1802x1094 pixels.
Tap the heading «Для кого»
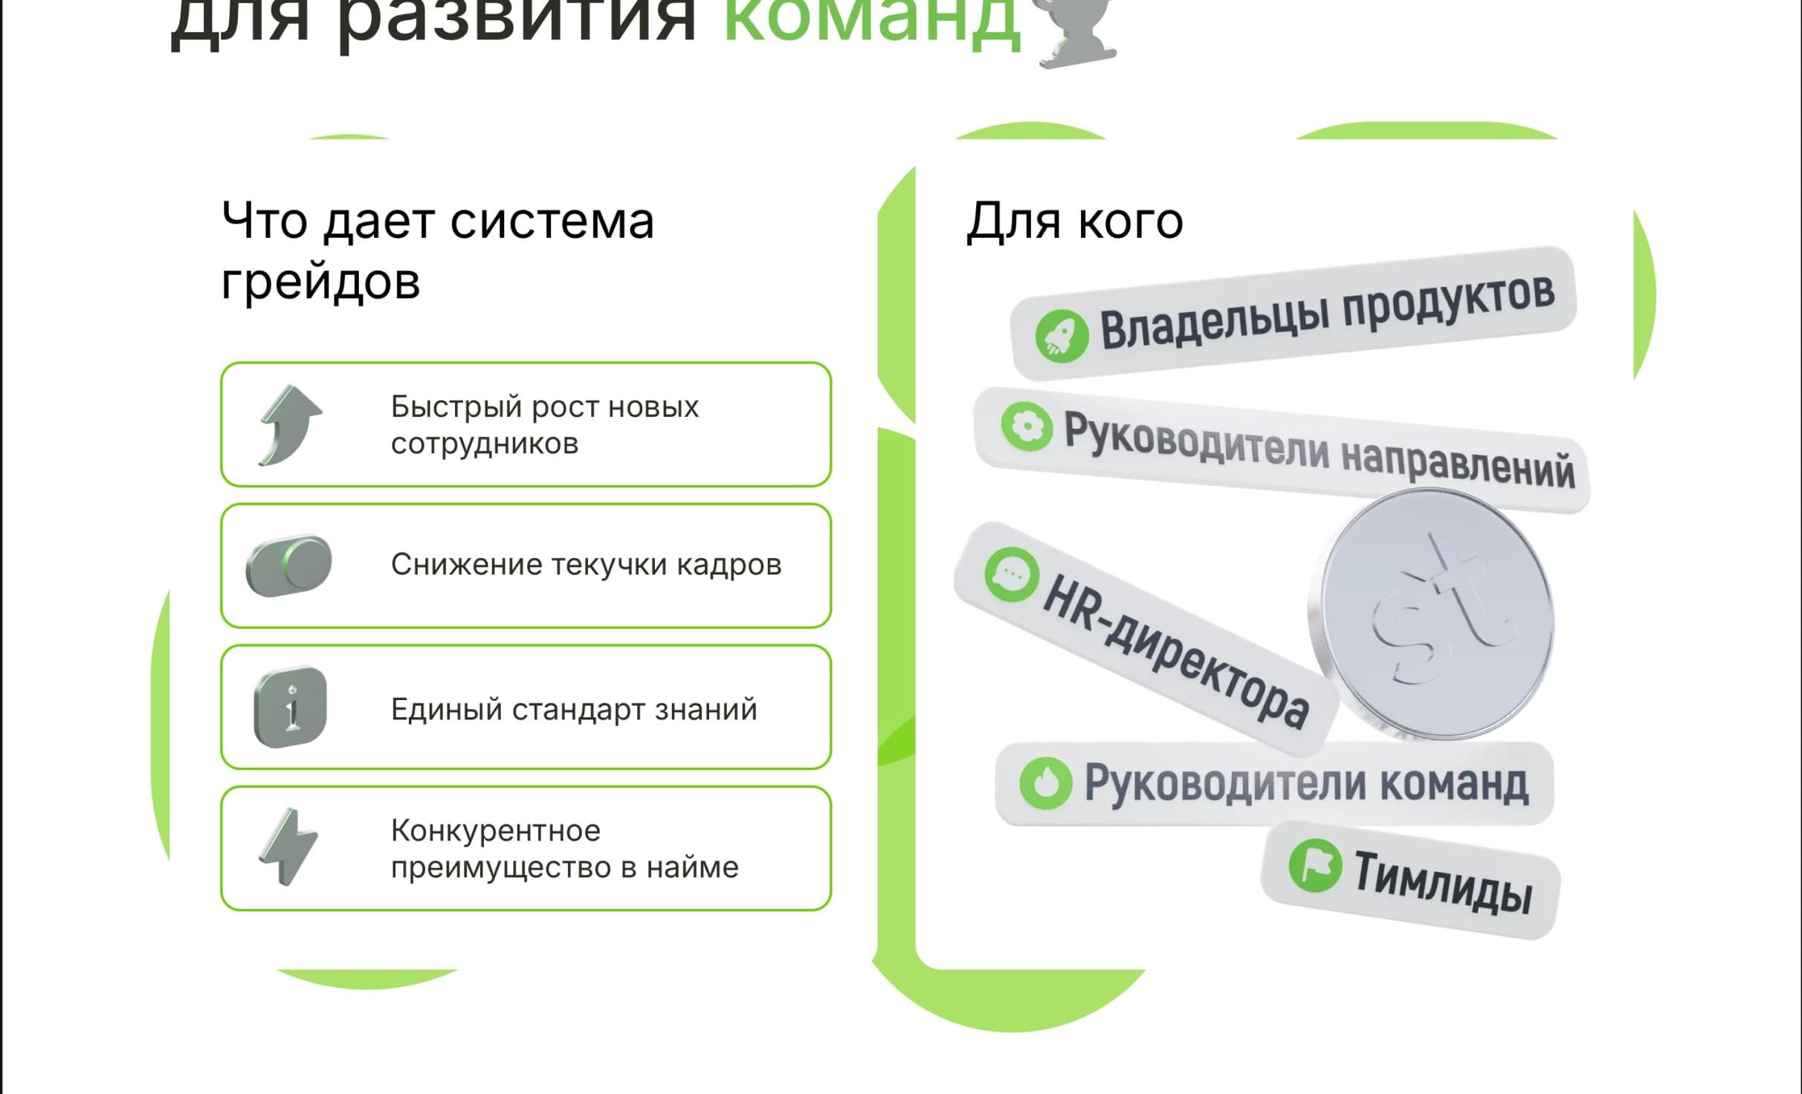click(x=1074, y=221)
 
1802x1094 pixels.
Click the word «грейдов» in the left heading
click(x=320, y=282)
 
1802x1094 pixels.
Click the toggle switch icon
click(x=289, y=565)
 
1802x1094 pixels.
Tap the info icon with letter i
click(x=290, y=707)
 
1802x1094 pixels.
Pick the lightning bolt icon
click(x=289, y=847)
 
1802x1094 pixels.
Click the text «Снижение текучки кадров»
click(x=586, y=565)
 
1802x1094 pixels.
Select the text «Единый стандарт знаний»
click(x=574, y=709)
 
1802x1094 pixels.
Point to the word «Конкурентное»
click(x=496, y=830)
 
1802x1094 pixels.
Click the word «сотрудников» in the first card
click(x=485, y=444)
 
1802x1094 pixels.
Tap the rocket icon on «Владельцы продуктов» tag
click(x=1062, y=336)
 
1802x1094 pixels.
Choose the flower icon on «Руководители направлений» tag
click(x=1027, y=427)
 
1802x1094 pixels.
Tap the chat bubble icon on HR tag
click(x=1012, y=574)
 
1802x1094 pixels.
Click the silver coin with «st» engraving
click(x=1431, y=613)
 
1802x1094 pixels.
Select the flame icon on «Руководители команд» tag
click(x=1045, y=782)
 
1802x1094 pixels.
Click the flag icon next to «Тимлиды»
click(x=1314, y=865)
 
